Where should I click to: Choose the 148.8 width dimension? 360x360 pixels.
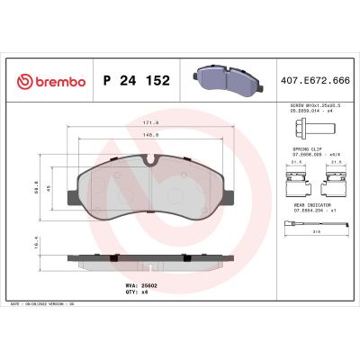pos(152,135)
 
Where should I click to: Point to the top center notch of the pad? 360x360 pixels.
pos(152,163)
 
